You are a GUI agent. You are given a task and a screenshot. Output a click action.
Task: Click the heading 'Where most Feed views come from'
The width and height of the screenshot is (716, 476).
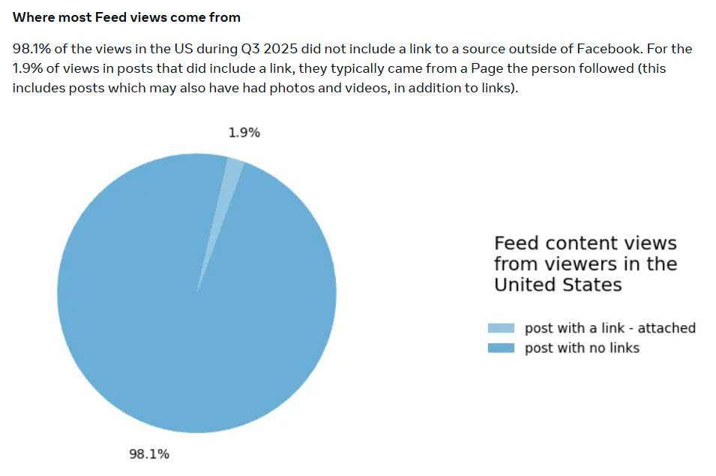pyautogui.click(x=127, y=17)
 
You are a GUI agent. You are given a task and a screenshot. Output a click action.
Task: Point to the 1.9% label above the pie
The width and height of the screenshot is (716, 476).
pyautogui.click(x=244, y=133)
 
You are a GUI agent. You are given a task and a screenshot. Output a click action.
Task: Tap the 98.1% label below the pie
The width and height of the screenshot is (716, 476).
pyautogui.click(x=150, y=453)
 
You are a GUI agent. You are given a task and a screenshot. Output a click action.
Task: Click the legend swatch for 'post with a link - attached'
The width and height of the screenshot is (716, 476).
pyautogui.click(x=501, y=328)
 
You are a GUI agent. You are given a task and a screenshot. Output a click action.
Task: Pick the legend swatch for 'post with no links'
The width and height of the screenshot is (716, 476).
pyautogui.click(x=501, y=348)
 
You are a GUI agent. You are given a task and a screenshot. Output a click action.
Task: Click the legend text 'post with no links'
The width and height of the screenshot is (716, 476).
pyautogui.click(x=582, y=348)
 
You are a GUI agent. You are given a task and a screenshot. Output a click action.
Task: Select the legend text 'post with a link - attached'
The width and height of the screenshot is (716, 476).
pyautogui.click(x=610, y=328)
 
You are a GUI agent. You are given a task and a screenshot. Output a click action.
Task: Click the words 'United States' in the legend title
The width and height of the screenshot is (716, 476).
pyautogui.click(x=558, y=285)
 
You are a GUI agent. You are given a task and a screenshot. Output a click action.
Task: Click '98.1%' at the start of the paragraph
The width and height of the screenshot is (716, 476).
pyautogui.click(x=32, y=49)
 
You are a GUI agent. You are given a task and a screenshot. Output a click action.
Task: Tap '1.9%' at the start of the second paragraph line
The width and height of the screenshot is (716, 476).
pyautogui.click(x=28, y=68)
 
